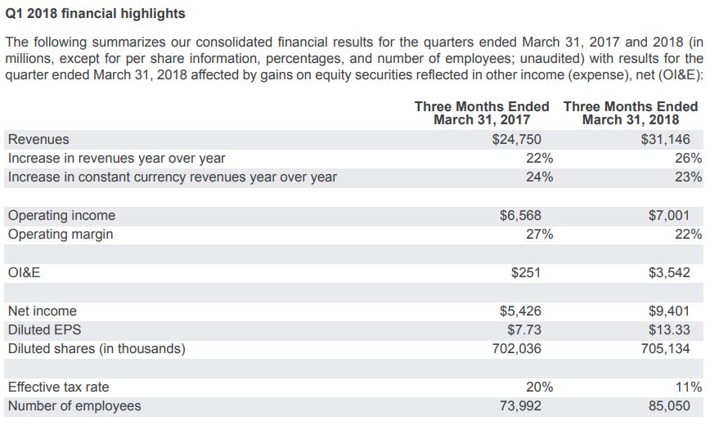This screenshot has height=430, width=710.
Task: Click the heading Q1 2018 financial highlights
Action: pos(95,14)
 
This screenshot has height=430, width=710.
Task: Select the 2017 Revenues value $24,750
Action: pos(517,140)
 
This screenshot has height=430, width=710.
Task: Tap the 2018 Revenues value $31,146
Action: pos(665,140)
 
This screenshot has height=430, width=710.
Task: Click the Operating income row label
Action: pos(61,216)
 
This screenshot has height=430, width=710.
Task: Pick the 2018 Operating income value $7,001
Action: pos(669,216)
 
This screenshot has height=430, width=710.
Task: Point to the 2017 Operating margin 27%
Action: pos(539,235)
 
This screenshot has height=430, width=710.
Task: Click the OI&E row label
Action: pos(24,272)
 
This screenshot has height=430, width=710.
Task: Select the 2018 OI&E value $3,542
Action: pos(669,272)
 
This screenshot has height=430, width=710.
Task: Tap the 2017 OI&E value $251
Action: pos(526,272)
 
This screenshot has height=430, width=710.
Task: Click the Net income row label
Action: pos(42,311)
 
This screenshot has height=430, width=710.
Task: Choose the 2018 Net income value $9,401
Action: pos(669,311)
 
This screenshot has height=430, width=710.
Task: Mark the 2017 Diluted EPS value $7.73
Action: pos(524,329)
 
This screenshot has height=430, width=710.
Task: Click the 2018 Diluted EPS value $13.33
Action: pos(669,329)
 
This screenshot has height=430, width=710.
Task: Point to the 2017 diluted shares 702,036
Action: pos(517,348)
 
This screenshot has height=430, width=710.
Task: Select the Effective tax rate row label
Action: pos(58,387)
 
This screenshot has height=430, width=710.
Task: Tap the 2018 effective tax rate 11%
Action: pos(688,387)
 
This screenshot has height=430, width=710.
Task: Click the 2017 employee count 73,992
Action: pos(520,405)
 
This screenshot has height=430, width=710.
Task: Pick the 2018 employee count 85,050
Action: pos(669,405)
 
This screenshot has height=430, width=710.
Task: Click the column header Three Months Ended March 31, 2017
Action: pos(482,113)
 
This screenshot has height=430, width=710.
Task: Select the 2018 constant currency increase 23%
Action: pos(688,177)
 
